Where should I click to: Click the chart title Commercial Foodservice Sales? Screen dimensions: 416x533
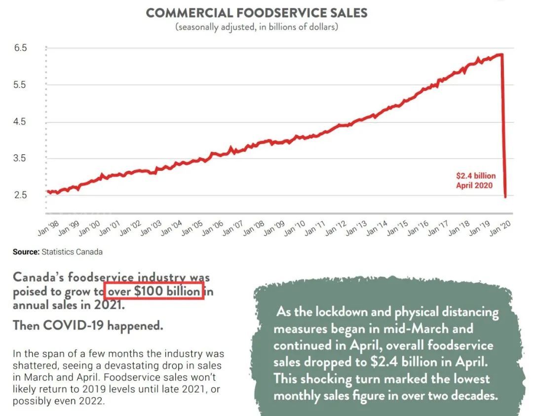click(x=257, y=13)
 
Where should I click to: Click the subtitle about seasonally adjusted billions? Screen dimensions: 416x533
click(x=257, y=27)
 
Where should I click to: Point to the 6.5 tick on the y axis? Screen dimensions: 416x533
click(x=20, y=48)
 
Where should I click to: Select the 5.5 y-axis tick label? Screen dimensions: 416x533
click(x=20, y=85)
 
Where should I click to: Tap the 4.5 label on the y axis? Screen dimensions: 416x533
click(x=20, y=122)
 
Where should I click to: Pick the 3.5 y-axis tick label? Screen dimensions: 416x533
click(x=20, y=158)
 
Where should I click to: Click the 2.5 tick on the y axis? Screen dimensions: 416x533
click(x=20, y=195)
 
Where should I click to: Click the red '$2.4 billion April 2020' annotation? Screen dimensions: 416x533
click(x=475, y=181)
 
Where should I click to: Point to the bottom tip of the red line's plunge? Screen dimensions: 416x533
click(x=505, y=197)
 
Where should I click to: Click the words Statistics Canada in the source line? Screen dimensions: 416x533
click(x=72, y=252)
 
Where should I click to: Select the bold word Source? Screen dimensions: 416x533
click(x=26, y=252)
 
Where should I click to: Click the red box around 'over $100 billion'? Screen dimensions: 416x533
click(x=154, y=292)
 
